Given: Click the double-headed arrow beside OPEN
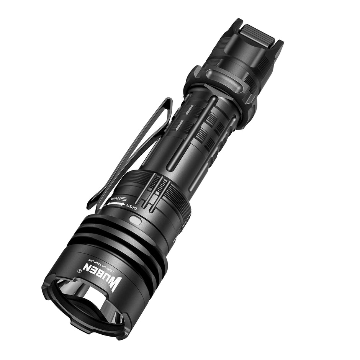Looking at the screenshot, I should [115, 205].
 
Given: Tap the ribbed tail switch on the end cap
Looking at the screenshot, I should [258, 33].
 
